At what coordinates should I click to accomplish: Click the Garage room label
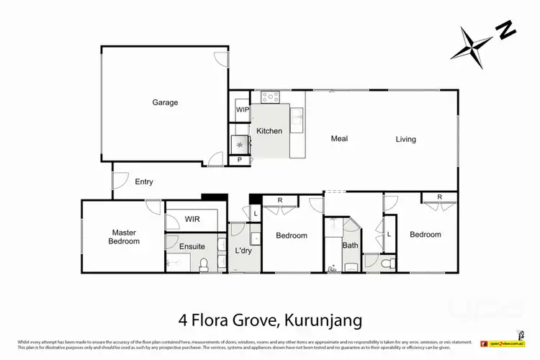tap(165, 102)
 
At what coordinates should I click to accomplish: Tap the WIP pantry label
tap(242, 110)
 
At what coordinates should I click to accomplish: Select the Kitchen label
tap(269, 131)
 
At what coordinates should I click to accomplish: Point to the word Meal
tap(340, 138)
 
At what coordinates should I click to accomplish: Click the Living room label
tap(405, 139)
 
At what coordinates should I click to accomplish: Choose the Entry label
tap(144, 182)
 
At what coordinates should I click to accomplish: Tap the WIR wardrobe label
tap(192, 219)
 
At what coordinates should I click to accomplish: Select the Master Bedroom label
tap(125, 237)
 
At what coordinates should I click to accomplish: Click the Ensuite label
tap(192, 246)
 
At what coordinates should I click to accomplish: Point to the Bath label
tap(350, 246)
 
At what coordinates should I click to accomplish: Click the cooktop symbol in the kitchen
tap(270, 96)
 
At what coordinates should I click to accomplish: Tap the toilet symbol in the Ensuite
tap(204, 264)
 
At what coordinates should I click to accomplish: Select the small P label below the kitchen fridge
tap(239, 161)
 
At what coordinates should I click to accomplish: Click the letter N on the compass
tap(507, 31)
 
